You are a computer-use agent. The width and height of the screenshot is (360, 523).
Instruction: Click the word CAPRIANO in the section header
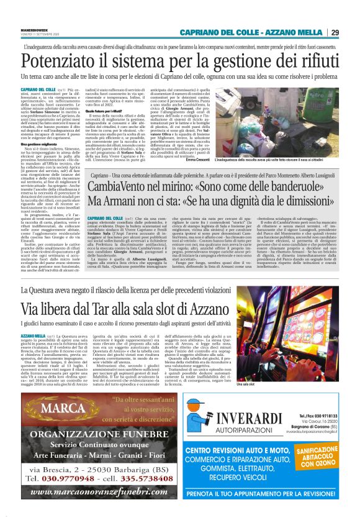pyautogui.click(x=199, y=32)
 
